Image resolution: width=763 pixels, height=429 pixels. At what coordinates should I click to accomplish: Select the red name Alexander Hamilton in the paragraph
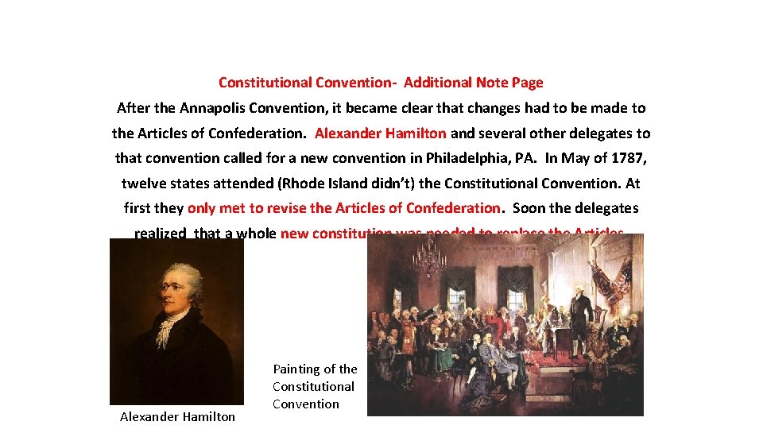tap(380, 133)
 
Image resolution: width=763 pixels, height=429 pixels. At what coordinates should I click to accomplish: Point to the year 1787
tap(630, 158)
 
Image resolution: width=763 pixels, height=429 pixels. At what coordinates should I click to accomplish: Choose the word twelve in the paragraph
tap(141, 184)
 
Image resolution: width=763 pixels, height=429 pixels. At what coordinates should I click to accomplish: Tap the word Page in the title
tap(528, 83)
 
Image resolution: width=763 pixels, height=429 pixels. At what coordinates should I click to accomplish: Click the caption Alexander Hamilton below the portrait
tap(177, 416)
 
